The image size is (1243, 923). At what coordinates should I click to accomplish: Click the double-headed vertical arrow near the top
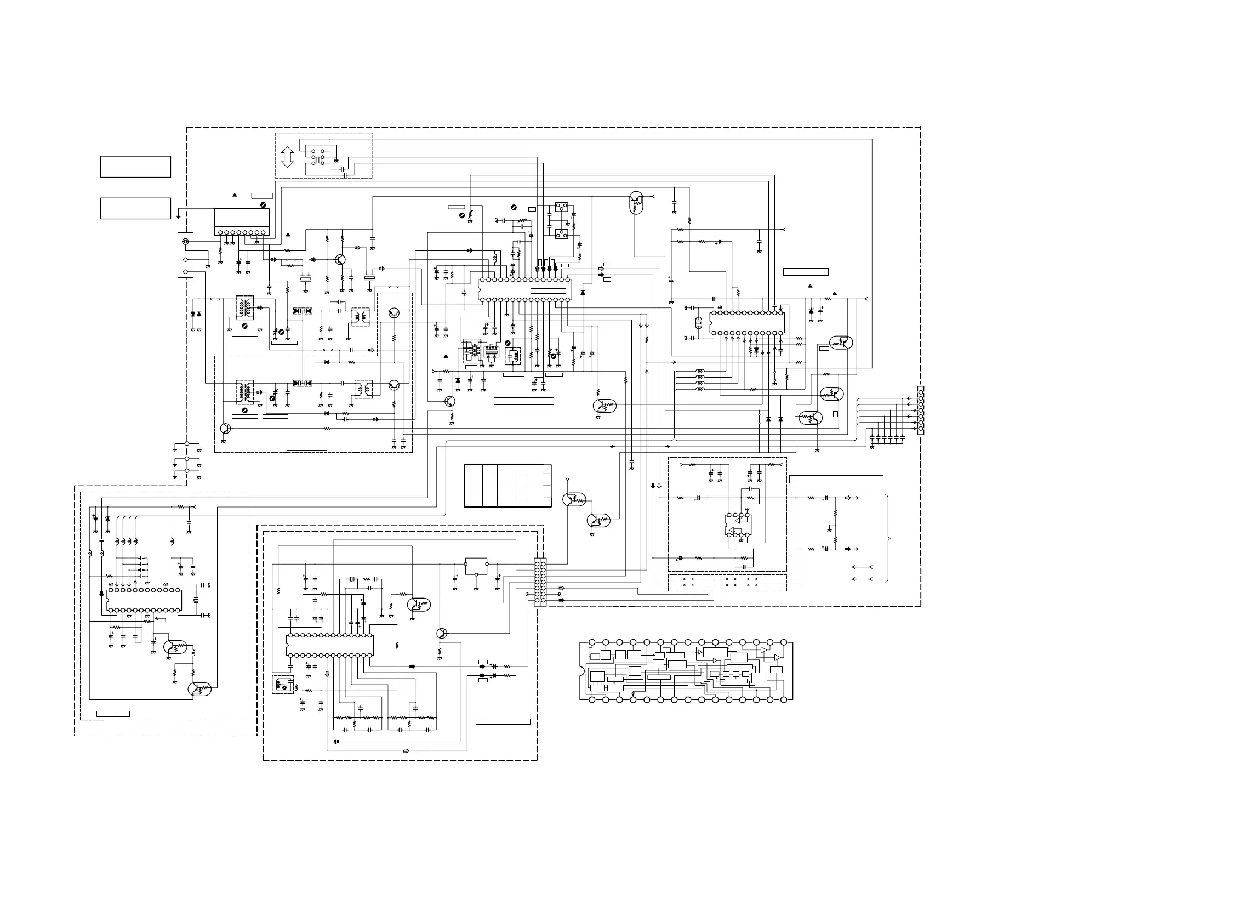coord(287,157)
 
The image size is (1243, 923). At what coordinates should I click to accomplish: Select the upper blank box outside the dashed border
coord(135,167)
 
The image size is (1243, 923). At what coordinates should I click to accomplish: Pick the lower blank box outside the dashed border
coord(135,208)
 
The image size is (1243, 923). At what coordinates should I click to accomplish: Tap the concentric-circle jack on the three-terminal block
coord(185,242)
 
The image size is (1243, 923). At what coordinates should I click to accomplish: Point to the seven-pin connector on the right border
coord(920,410)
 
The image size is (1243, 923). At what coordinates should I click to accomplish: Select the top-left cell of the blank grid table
coord(472,470)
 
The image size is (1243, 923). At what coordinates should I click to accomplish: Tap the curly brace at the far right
coord(888,538)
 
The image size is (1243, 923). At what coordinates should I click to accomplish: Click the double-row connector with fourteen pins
coord(540,582)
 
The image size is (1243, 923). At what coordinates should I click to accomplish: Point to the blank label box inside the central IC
coord(548,291)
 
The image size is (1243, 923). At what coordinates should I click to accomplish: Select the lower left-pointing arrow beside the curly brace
coord(862,579)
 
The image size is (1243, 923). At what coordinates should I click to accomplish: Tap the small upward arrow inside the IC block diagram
coord(633,693)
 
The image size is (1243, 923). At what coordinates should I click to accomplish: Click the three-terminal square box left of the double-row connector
coord(476,566)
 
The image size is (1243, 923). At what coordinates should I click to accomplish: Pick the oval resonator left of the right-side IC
coord(698,323)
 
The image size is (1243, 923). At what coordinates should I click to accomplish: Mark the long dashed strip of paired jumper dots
coord(727,583)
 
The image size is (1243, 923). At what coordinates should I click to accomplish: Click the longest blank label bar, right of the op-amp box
coord(836,480)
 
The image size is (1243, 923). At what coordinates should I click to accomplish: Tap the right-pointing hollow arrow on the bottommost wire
coord(406,751)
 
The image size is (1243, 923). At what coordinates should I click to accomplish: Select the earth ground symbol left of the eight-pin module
coord(178,216)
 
